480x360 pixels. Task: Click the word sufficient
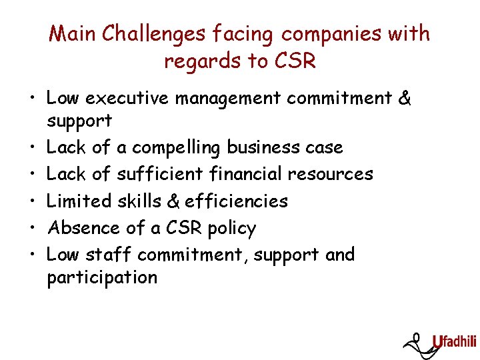159,174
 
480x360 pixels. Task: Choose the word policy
231,229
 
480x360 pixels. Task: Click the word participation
102,278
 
